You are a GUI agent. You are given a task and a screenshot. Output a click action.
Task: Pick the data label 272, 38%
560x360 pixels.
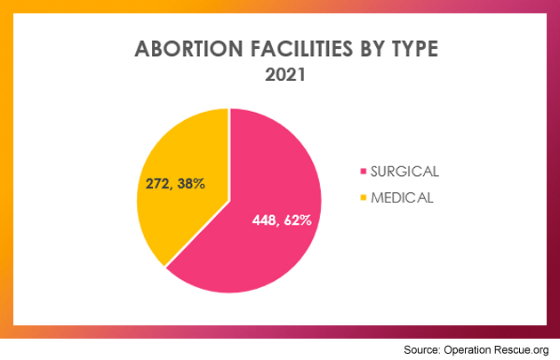[x=175, y=184]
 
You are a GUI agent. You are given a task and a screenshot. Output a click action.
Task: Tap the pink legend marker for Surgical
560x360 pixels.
[x=362, y=171]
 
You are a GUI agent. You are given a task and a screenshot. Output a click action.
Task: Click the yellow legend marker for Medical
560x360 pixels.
[x=362, y=197]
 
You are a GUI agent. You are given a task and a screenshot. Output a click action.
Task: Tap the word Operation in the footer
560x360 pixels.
[x=472, y=347]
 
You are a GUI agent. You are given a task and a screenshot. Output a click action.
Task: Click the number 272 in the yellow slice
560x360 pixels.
[x=158, y=184]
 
